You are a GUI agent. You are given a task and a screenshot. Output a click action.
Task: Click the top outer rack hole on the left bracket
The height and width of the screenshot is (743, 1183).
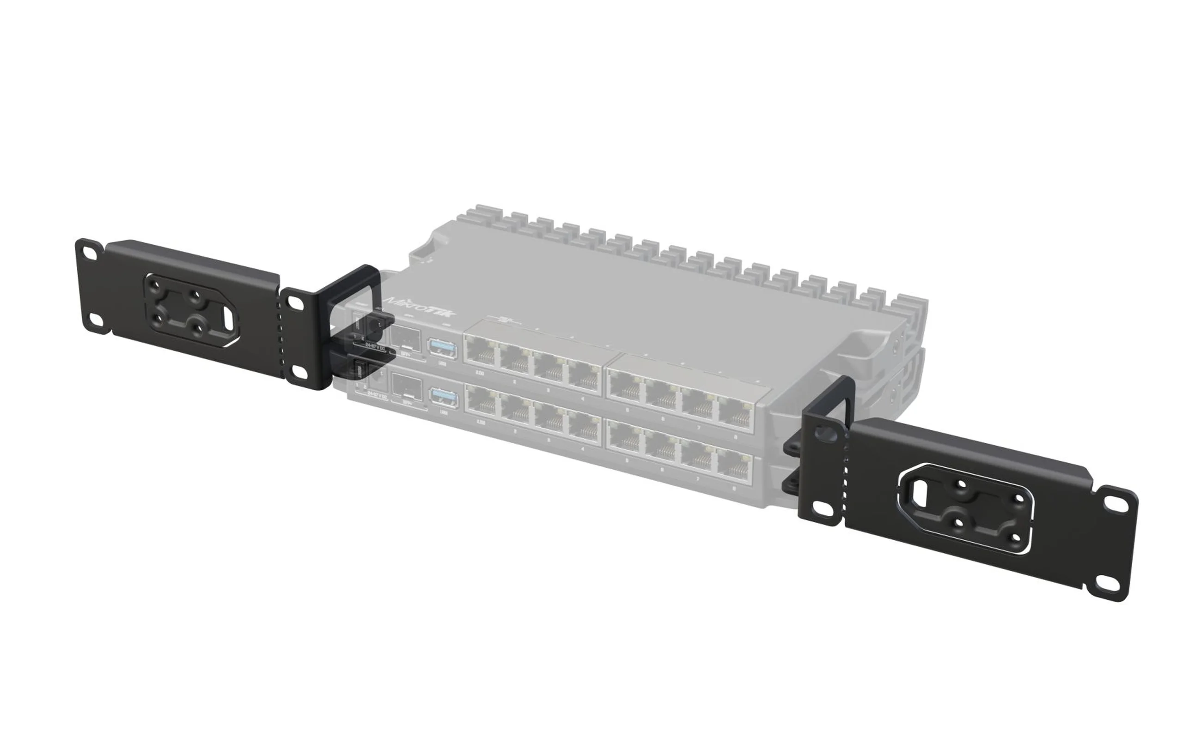click(89, 253)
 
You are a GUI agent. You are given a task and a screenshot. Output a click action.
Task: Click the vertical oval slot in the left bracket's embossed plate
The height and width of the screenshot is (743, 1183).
click(228, 317)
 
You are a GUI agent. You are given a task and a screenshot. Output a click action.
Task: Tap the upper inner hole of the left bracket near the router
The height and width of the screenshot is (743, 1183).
click(295, 303)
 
